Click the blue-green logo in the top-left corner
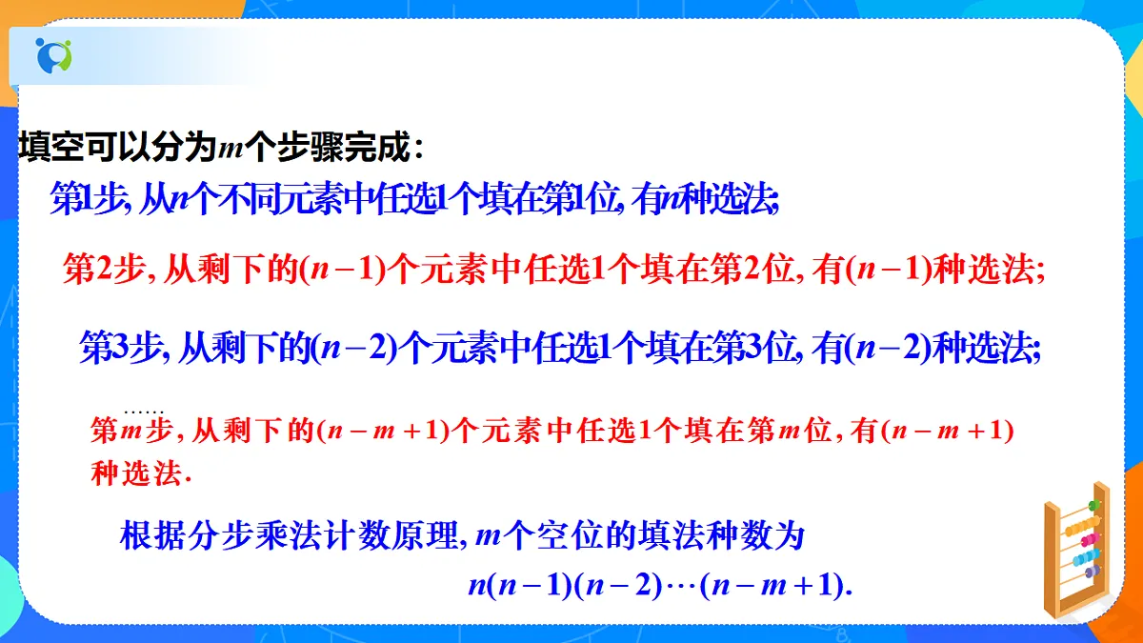pos(53,55)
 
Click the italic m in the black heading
pos(231,149)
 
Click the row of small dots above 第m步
pos(144,407)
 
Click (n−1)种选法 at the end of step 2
pos(952,271)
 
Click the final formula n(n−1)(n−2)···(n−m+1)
pos(659,585)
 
